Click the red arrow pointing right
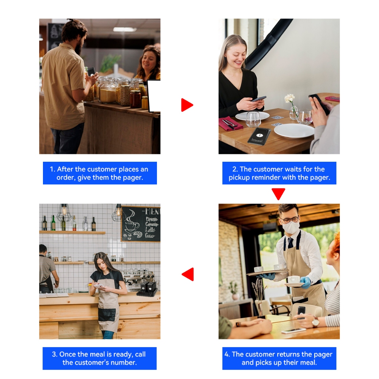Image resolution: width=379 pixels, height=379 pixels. click(187, 105)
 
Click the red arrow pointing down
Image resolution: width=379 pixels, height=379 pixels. click(278, 194)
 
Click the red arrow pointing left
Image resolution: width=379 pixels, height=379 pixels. click(188, 274)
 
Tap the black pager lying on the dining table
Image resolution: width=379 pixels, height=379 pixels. click(259, 136)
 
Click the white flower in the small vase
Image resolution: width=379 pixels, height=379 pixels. click(289, 98)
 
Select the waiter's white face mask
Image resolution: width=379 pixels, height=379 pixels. click(291, 228)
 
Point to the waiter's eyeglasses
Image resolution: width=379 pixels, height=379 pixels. click(289, 220)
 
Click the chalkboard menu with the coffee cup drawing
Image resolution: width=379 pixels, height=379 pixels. click(140, 224)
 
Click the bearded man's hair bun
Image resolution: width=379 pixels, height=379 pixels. click(70, 20)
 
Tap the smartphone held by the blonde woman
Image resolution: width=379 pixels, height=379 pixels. click(259, 99)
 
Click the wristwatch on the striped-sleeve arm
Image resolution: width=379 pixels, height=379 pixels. click(315, 322)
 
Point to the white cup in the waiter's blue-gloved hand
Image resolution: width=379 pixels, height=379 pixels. click(294, 280)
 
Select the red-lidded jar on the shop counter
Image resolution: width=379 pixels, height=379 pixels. click(135, 99)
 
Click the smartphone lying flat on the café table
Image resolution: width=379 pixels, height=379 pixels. click(293, 331)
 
